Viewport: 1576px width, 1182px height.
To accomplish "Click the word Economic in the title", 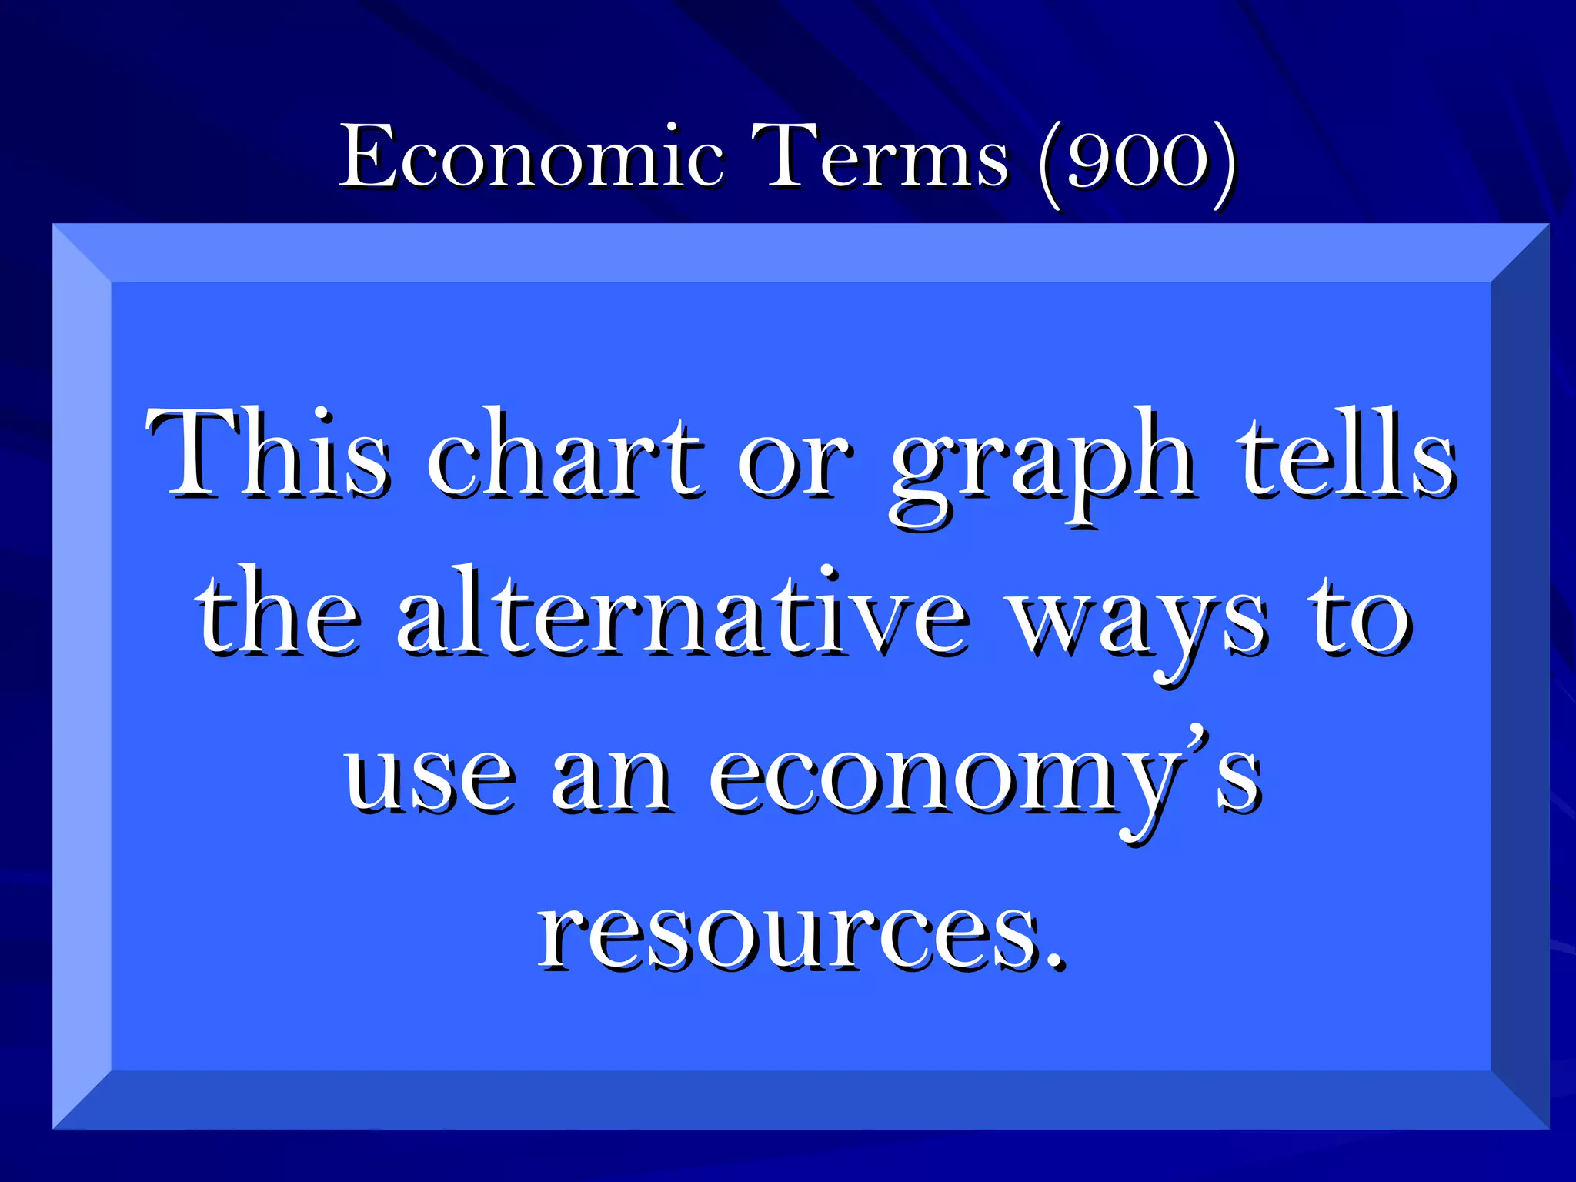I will (x=531, y=157).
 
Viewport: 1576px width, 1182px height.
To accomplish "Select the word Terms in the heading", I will (x=878, y=157).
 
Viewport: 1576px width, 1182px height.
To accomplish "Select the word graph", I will (x=1042, y=465).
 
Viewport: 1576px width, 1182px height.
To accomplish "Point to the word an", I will (x=611, y=777).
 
